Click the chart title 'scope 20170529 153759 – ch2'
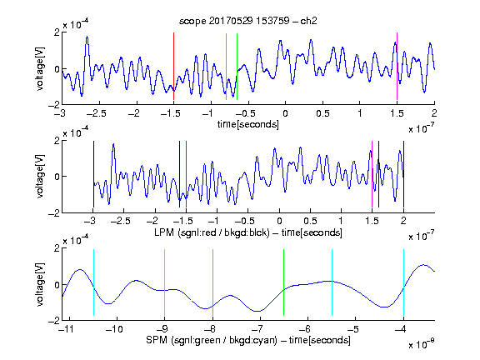[x=248, y=21]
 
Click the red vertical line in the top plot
[x=173, y=66]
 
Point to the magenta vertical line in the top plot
[x=397, y=66]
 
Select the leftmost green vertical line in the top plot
[x=226, y=67]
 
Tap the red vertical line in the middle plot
[x=186, y=174]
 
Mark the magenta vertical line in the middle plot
[x=372, y=174]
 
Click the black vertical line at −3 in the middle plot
[x=93, y=174]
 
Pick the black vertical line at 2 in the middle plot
[x=403, y=174]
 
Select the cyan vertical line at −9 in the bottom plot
[x=165, y=282]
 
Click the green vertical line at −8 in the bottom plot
[x=212, y=282]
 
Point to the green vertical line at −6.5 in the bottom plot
[x=284, y=282]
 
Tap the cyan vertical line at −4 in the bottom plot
[x=403, y=282]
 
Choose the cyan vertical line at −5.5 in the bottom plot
[x=332, y=282]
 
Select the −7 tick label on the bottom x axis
[x=257, y=329]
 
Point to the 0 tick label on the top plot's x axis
[x=285, y=113]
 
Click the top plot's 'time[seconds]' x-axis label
[x=248, y=124]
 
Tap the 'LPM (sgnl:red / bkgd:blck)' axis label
[x=212, y=232]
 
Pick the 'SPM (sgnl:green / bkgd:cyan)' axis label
[x=211, y=340]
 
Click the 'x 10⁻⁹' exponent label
[x=422, y=344]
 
